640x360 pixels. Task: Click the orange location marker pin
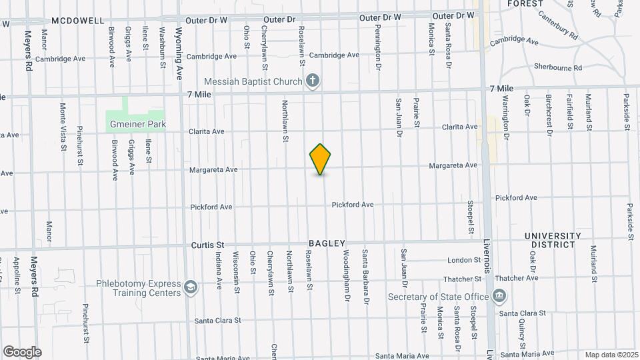321,159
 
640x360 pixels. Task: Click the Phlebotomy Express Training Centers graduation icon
191,287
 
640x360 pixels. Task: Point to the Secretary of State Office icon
499,295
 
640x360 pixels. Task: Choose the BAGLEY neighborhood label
327,244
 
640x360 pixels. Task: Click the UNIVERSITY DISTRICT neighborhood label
553,240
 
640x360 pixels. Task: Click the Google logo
22,351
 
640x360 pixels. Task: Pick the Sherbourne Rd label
558,67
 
